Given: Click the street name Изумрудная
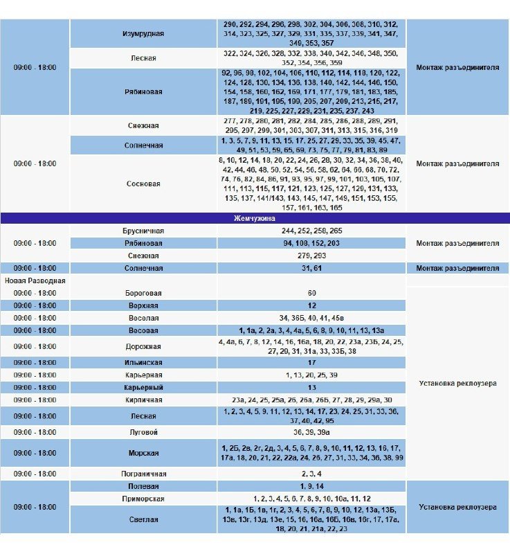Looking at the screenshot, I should click(143, 33).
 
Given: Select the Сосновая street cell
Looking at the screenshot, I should click(143, 184).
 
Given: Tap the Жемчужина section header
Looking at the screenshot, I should click(255, 218).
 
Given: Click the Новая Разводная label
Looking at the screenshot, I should click(35, 280).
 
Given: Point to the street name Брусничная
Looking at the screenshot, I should click(143, 231).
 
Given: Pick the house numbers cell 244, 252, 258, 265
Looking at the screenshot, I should click(311, 231).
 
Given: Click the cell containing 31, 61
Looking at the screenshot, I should click(311, 268).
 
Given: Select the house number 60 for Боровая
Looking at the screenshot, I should click(311, 293).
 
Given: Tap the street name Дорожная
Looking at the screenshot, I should click(143, 346).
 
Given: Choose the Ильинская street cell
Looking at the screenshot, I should click(143, 362).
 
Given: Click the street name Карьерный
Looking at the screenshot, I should click(143, 387).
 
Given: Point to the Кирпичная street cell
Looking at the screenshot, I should click(143, 400).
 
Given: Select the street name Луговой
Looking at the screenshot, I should click(143, 432).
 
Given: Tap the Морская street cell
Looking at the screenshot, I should click(143, 453).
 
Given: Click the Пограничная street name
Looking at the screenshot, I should click(143, 474).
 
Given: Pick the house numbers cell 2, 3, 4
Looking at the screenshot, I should click(311, 474).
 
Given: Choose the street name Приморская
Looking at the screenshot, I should click(143, 499).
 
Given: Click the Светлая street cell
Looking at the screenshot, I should click(143, 519).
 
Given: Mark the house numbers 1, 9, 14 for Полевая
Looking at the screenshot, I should click(311, 486).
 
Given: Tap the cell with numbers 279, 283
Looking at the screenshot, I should click(311, 256).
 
